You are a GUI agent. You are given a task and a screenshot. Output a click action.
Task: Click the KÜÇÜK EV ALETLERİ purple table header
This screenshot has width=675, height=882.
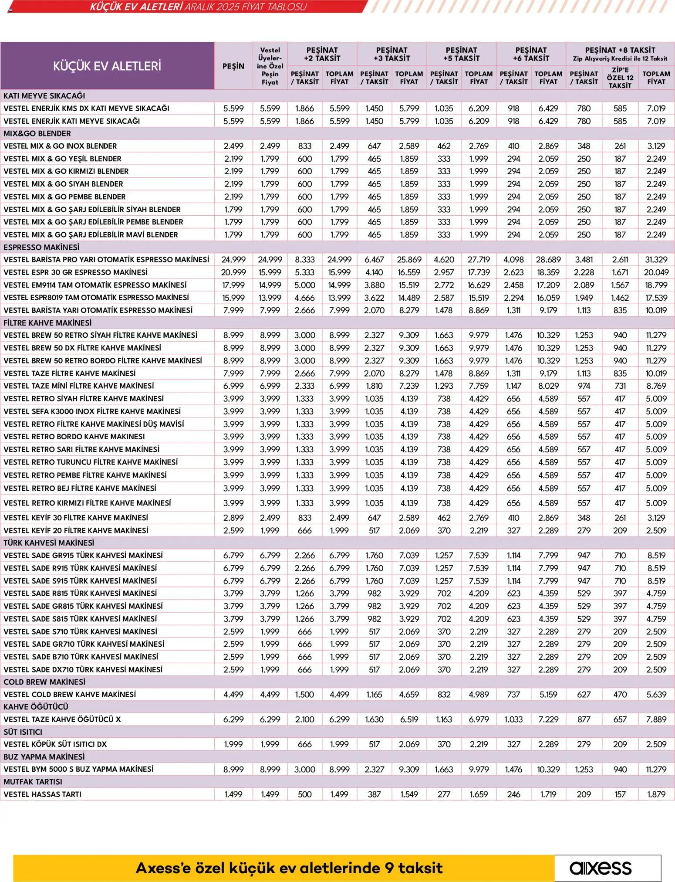107,66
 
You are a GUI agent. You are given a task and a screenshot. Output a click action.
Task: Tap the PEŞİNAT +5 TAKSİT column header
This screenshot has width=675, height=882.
461,54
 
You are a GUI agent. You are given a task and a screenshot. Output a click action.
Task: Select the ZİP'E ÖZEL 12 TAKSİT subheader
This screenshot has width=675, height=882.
620,78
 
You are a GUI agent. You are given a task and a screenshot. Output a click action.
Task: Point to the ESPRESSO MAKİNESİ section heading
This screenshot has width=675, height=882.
41,247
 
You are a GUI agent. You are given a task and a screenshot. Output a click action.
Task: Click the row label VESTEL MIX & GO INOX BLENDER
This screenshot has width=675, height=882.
60,146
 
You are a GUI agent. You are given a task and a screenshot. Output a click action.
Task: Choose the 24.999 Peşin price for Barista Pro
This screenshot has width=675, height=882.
233,260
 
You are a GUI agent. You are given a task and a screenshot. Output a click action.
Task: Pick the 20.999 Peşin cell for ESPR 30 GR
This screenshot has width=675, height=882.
233,272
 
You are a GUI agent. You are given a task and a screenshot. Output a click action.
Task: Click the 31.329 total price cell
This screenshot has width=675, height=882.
656,260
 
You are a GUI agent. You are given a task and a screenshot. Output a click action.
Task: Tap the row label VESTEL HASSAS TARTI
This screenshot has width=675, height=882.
42,794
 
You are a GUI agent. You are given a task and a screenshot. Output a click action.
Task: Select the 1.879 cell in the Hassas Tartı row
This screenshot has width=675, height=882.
656,794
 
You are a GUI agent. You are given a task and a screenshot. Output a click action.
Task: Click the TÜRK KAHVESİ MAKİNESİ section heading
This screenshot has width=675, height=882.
49,543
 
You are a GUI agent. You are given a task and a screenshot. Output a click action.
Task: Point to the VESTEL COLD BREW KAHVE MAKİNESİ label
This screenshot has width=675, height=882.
70,694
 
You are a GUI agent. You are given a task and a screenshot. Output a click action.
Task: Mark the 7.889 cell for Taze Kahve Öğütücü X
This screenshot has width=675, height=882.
656,719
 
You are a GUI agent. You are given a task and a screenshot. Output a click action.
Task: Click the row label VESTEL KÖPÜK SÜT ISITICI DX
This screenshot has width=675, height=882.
55,744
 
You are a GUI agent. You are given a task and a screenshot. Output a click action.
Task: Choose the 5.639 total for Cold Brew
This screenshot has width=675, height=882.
656,694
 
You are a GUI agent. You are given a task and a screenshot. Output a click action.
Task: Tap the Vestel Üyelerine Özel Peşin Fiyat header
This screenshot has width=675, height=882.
270,66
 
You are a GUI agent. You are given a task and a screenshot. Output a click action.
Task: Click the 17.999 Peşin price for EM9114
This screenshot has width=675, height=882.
233,285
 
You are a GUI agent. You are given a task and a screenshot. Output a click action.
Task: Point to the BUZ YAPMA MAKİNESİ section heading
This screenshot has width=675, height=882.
44,757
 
